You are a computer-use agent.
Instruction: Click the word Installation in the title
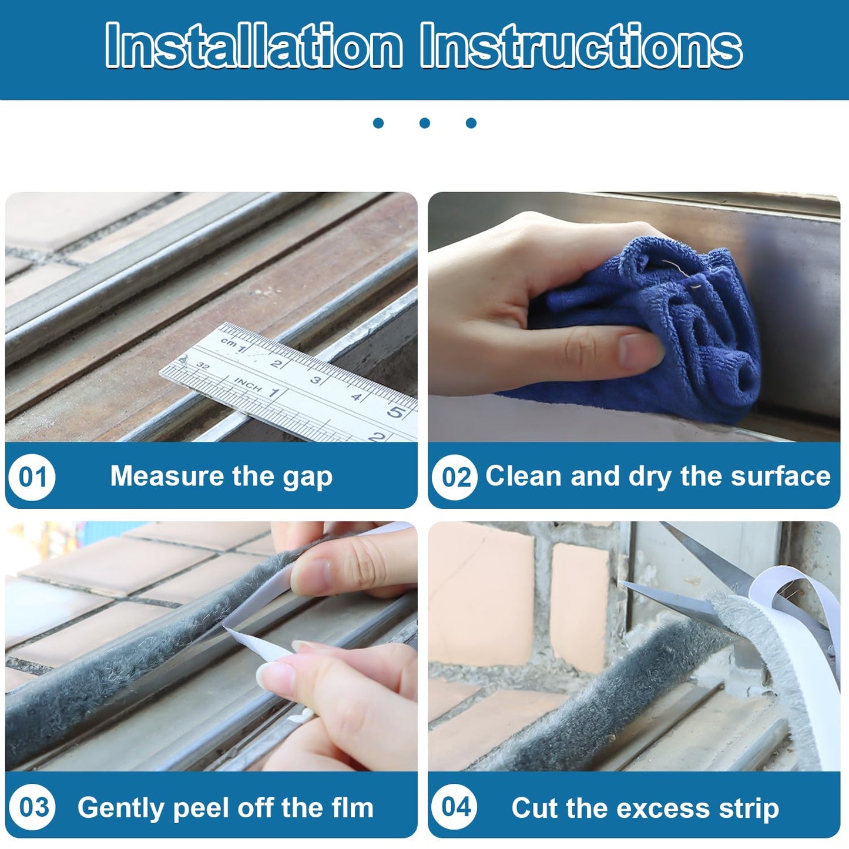(x=254, y=46)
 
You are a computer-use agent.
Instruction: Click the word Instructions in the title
(x=582, y=46)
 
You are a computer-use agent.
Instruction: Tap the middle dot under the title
(x=425, y=123)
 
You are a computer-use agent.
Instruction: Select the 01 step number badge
(x=32, y=476)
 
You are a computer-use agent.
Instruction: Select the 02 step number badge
(x=455, y=476)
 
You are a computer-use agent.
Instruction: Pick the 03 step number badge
(x=32, y=807)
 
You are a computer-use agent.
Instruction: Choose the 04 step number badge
(x=455, y=807)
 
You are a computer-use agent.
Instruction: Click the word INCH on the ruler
(x=248, y=385)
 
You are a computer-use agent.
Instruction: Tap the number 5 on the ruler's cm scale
(x=395, y=412)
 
